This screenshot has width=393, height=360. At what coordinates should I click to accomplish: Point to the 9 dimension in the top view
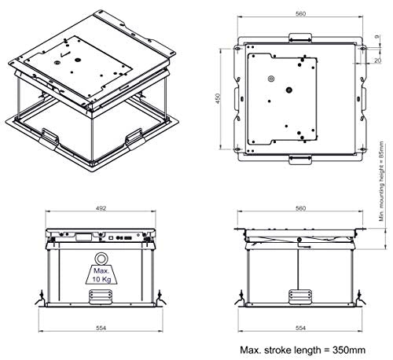click(x=379, y=35)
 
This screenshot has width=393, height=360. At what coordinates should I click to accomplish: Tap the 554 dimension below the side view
click(x=297, y=325)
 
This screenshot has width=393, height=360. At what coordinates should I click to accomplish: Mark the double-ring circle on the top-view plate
click(x=272, y=79)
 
